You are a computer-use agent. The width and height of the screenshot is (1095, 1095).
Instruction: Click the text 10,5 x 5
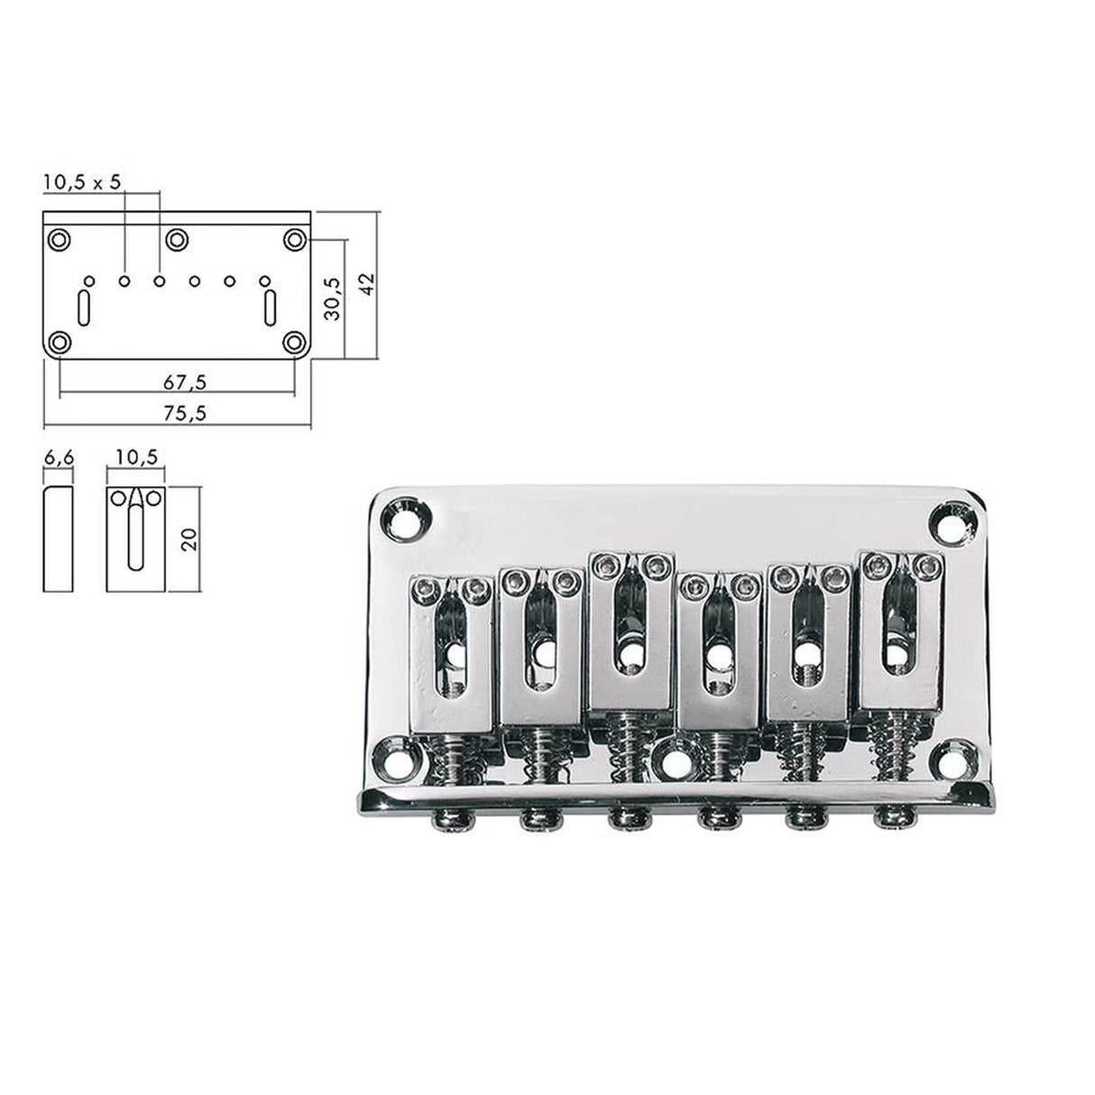[x=81, y=181]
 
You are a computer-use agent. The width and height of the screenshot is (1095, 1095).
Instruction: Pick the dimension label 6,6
[x=59, y=458]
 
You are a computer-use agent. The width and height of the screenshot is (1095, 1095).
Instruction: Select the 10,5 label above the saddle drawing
[x=135, y=458]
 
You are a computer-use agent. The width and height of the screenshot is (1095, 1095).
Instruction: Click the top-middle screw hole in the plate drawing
[x=177, y=239]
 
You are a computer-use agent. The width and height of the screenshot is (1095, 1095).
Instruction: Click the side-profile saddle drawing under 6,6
[x=59, y=538]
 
